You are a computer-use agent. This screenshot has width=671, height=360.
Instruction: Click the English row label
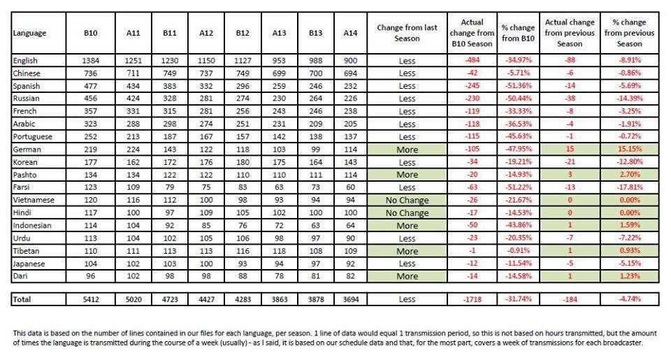coord(25,61)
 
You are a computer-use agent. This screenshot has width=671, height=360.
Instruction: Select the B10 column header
coord(91,33)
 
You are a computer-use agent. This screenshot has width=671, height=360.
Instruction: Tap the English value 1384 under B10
coord(91,61)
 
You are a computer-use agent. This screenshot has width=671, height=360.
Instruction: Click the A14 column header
coord(350,33)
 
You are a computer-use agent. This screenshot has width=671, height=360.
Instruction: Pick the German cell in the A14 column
coord(350,150)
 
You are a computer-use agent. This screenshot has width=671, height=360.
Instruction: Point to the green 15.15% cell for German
coord(630,150)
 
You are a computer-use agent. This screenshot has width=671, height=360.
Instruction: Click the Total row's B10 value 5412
coord(91,299)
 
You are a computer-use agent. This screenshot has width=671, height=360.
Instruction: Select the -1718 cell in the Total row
coord(472,299)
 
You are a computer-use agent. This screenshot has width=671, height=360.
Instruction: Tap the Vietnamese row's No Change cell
coord(407,201)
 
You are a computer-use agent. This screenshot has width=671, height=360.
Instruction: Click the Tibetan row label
coord(26,251)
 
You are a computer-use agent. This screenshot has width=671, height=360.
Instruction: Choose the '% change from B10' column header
coord(518,33)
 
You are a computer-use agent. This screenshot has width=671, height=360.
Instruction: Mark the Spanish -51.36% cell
coord(518,85)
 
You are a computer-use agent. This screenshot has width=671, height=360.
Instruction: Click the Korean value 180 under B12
coord(243,162)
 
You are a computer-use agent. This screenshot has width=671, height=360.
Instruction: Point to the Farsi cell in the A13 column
coord(279,187)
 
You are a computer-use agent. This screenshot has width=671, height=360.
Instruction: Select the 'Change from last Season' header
coord(407,33)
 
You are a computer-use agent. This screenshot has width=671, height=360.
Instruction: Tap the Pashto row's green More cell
coord(407,175)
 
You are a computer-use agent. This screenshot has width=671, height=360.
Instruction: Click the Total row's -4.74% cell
coord(630,299)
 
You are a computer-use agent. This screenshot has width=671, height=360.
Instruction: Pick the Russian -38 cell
coord(570,99)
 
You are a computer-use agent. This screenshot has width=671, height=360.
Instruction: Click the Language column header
coord(29,34)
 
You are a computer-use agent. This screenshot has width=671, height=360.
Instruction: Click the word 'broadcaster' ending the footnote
coord(622,343)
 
